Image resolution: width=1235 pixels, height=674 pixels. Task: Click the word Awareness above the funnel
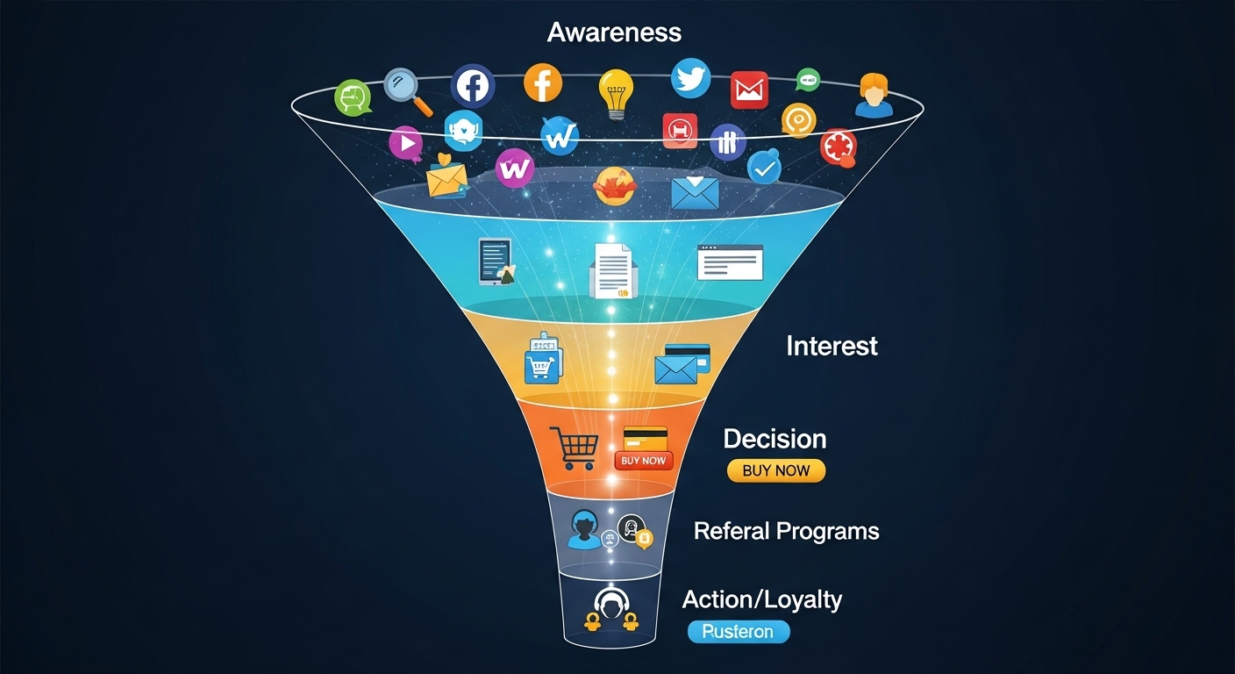(614, 32)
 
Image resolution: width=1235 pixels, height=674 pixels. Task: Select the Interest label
(832, 346)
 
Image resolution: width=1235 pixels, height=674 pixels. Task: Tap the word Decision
(775, 439)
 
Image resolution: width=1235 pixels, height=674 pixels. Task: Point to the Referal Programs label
(786, 531)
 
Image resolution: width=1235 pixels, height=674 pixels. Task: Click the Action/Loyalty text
(761, 600)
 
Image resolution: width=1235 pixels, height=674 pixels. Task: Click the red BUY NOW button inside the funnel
(643, 460)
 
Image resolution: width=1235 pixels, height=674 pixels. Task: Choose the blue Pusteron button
(739, 632)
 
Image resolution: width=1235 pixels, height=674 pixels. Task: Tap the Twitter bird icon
(691, 78)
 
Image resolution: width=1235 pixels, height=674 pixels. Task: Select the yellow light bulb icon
(616, 92)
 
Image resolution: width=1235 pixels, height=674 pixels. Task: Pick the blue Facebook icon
(473, 86)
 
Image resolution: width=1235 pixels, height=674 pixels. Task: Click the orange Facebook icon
(543, 83)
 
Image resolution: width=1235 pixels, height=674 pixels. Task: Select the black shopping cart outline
(573, 448)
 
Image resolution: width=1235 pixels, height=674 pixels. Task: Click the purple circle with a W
(515, 168)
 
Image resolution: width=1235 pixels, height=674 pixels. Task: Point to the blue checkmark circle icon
(763, 167)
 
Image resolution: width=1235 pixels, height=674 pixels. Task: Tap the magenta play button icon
(405, 142)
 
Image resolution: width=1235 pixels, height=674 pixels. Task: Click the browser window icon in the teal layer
(730, 262)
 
